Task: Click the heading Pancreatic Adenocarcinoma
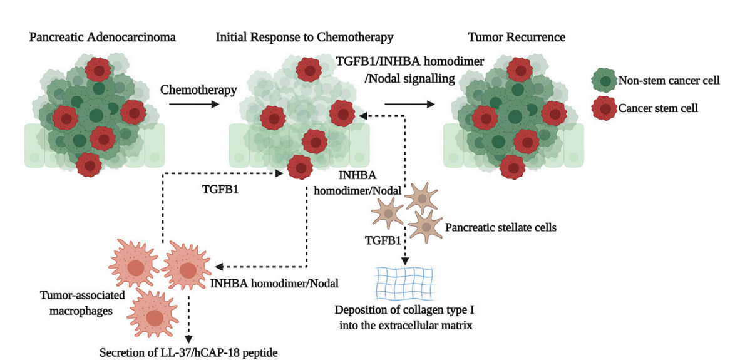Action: point(103,38)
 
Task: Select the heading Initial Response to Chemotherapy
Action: point(304,38)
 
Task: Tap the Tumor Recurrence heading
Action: point(517,38)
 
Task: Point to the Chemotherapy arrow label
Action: point(198,90)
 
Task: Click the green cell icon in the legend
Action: point(603,81)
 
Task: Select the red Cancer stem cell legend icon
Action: point(603,108)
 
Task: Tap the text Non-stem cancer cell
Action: point(669,80)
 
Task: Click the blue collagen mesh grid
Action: point(404,284)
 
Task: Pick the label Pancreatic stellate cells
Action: point(501,227)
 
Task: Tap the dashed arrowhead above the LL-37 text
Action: point(188,339)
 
